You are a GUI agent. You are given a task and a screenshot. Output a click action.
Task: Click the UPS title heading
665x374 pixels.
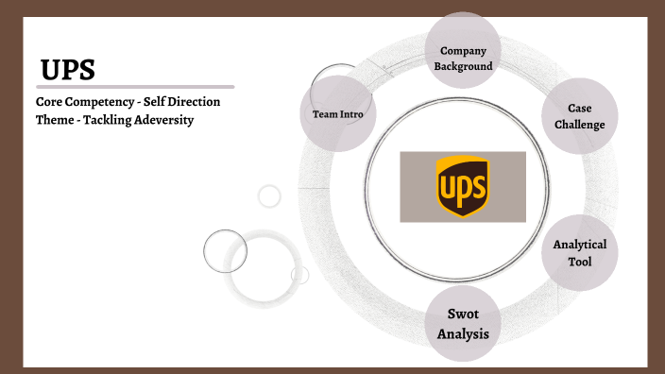click(68, 69)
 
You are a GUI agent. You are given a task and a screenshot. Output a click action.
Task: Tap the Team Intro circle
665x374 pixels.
click(338, 114)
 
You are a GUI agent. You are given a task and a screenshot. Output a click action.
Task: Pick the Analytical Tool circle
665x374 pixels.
click(580, 252)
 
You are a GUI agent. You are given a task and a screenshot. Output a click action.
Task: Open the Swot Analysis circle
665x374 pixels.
click(463, 322)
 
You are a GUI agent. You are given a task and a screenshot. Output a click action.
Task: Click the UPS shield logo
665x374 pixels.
click(463, 186)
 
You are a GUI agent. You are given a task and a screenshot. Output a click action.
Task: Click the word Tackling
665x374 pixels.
click(109, 120)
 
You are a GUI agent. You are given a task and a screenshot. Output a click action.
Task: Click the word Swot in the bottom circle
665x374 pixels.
click(463, 313)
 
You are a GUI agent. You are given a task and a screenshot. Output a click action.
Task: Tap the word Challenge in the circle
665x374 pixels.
click(580, 125)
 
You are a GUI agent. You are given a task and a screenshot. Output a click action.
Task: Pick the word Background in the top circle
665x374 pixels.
click(463, 67)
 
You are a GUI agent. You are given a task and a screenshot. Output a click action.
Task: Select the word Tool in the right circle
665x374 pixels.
click(580, 262)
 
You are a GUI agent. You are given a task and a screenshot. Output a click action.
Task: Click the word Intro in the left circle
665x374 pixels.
click(355, 114)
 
